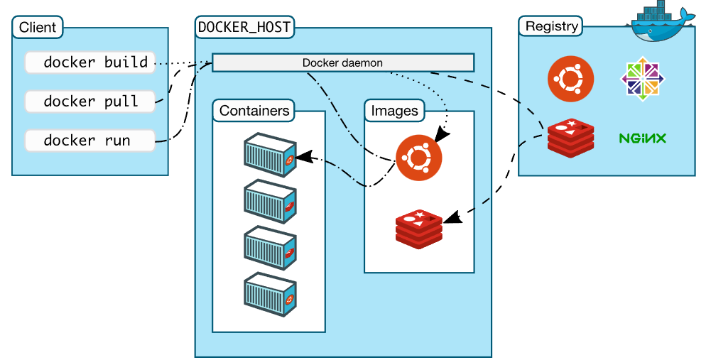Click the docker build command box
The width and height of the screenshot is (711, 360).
click(89, 62)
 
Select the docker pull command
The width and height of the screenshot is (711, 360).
click(89, 102)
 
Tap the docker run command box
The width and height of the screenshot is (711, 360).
click(89, 141)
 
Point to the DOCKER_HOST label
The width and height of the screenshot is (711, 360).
click(244, 28)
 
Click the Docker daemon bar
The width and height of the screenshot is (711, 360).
click(343, 62)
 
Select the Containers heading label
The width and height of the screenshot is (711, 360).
click(254, 111)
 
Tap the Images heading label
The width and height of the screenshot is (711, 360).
click(395, 111)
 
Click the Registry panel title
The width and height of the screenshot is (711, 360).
click(551, 28)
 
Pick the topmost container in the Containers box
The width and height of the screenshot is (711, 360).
click(269, 153)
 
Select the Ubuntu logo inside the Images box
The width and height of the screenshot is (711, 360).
click(418, 157)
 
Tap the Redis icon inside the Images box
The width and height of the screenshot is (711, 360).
click(419, 227)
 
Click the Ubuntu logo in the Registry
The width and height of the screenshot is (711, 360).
click(570, 79)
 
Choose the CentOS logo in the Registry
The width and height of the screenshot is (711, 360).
click(643, 77)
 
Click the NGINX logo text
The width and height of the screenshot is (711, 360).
click(642, 138)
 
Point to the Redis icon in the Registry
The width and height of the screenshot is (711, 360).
click(570, 138)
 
